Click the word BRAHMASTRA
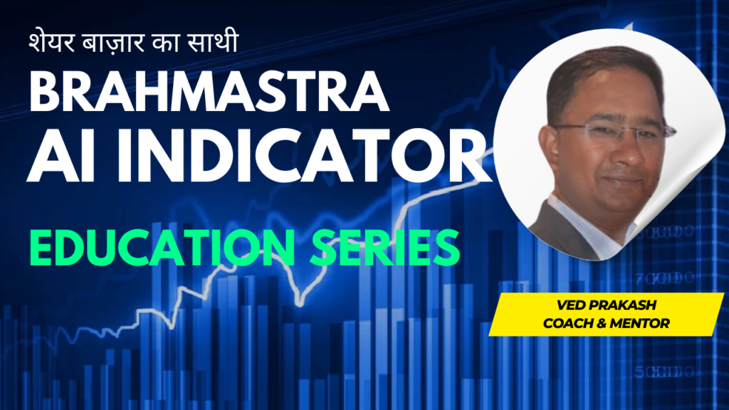point(209,91)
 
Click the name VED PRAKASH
point(607,305)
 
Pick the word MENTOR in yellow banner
point(639,323)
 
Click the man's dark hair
point(604,74)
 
